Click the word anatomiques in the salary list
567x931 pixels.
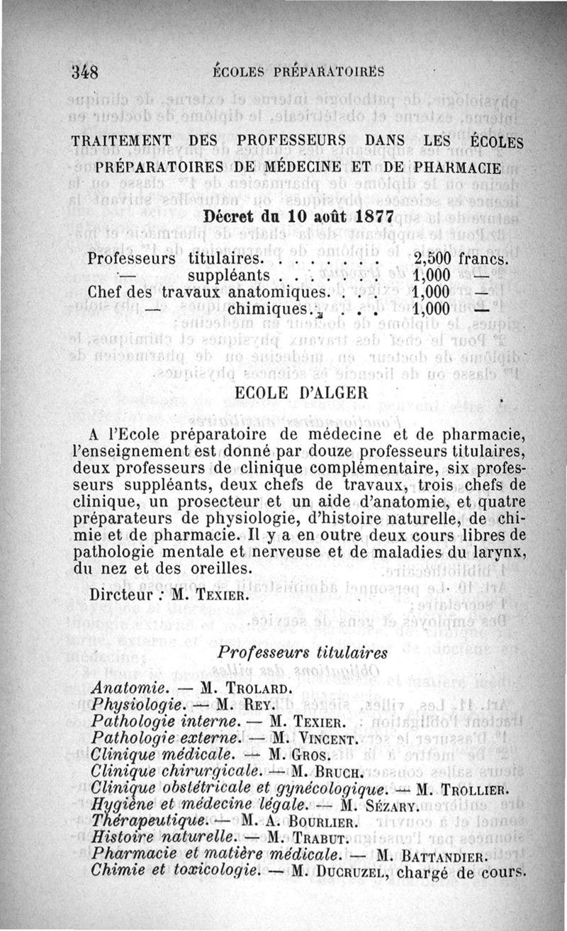(x=279, y=292)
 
